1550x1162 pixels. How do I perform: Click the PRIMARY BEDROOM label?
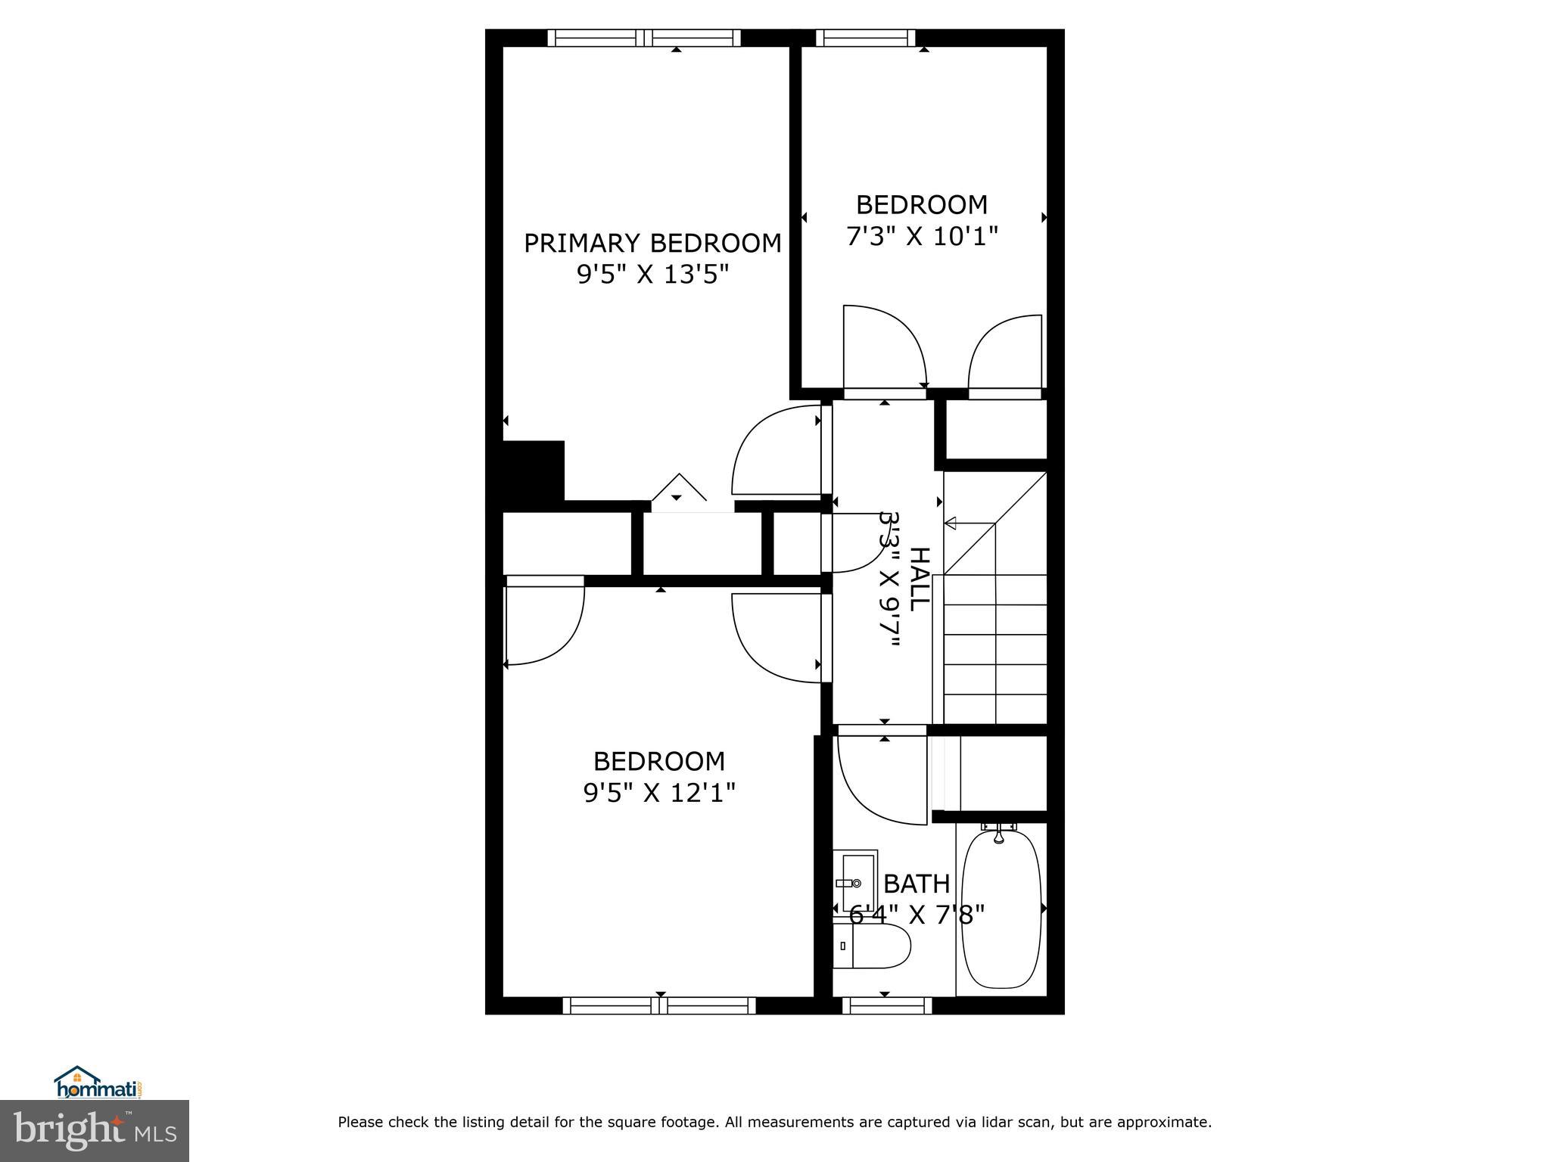(652, 244)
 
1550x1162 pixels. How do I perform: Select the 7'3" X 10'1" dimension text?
(922, 237)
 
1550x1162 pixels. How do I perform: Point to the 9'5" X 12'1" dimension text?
(659, 793)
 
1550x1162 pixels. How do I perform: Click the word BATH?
(917, 884)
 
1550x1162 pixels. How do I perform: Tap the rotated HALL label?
(918, 579)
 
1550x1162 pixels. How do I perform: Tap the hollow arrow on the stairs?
(951, 524)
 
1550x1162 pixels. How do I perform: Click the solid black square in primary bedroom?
(534, 471)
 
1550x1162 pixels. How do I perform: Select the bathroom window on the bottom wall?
(887, 1005)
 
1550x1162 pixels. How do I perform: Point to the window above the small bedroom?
(865, 38)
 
